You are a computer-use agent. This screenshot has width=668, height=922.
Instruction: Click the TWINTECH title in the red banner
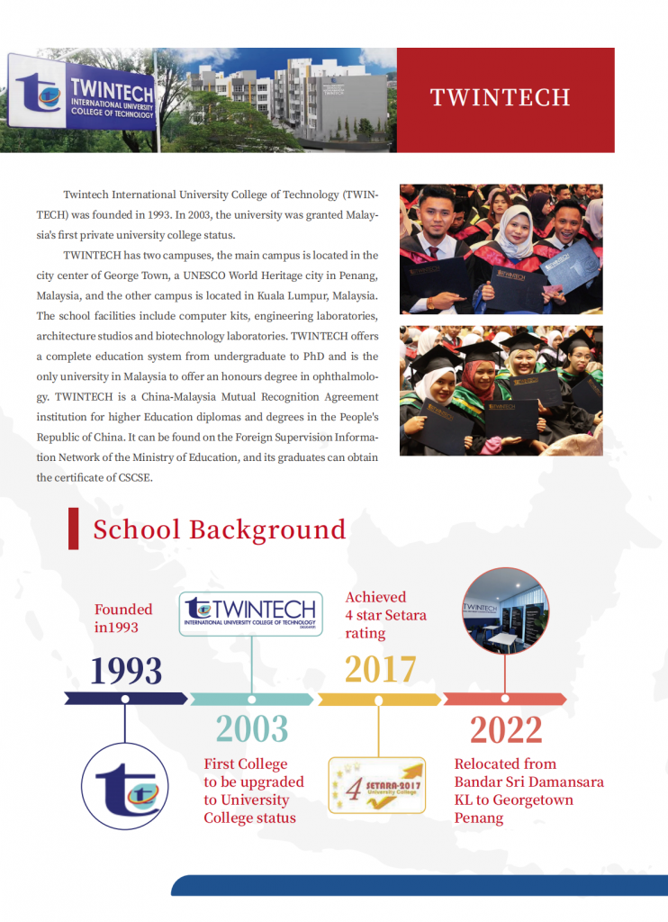(x=500, y=97)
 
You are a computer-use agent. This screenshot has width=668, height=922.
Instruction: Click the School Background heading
(x=219, y=529)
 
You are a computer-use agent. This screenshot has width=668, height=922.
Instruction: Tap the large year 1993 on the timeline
(x=126, y=671)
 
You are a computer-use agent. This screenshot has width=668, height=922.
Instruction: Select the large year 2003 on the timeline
(x=252, y=728)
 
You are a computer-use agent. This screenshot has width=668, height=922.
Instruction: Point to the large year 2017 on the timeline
(x=381, y=670)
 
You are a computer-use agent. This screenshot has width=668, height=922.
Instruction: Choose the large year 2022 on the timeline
(x=506, y=730)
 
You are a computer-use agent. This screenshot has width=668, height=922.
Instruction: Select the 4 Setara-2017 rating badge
(x=377, y=785)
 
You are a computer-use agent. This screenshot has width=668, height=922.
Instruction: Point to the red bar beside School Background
(x=73, y=529)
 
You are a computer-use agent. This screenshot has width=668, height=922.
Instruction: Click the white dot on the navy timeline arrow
(x=125, y=699)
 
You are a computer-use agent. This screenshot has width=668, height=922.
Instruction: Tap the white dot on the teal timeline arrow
(x=251, y=699)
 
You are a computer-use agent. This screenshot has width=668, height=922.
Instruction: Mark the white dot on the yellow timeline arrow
(x=379, y=699)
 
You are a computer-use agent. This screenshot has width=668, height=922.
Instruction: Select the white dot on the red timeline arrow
(x=505, y=699)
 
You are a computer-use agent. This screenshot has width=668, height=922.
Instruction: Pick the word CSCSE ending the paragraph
(x=131, y=478)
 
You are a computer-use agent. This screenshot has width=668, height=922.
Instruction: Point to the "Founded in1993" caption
(x=123, y=619)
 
